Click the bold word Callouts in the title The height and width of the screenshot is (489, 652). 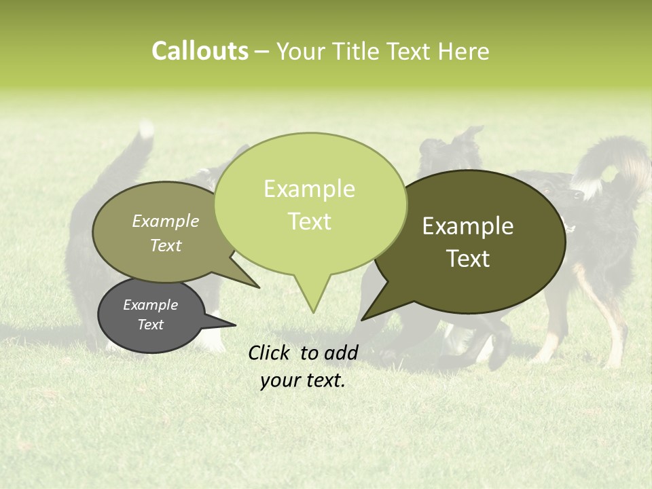coord(200,51)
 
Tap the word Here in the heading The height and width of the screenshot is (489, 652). coord(463,51)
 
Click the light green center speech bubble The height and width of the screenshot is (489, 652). coord(309,204)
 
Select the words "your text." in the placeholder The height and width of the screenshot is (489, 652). coord(303,380)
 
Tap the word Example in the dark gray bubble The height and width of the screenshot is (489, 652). coord(150,305)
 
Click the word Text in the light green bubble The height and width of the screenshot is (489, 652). coord(309,221)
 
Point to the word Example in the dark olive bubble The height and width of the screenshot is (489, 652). coord(468,226)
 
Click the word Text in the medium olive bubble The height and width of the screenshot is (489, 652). coord(166,245)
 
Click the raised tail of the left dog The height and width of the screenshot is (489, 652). coord(139,153)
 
